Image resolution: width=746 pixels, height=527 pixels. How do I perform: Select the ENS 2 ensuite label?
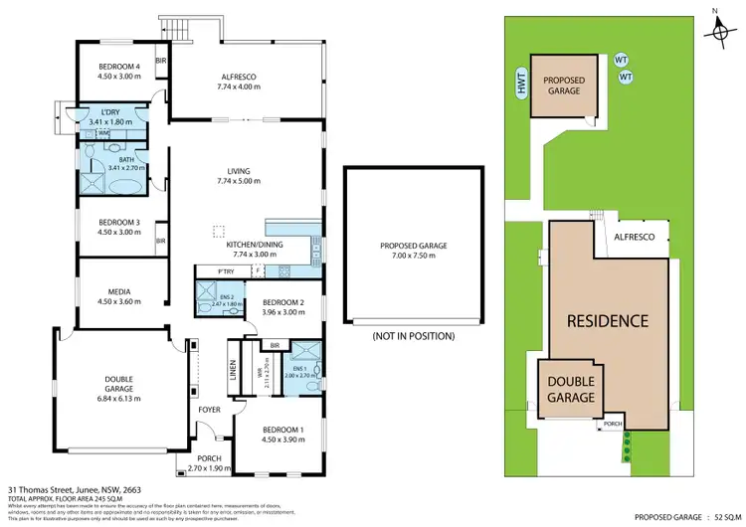point(228,297)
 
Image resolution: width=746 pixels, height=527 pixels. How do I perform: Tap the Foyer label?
point(210,408)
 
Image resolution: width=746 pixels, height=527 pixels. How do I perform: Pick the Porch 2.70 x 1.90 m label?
point(203,462)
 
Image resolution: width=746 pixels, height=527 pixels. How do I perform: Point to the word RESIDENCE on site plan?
point(608,321)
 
